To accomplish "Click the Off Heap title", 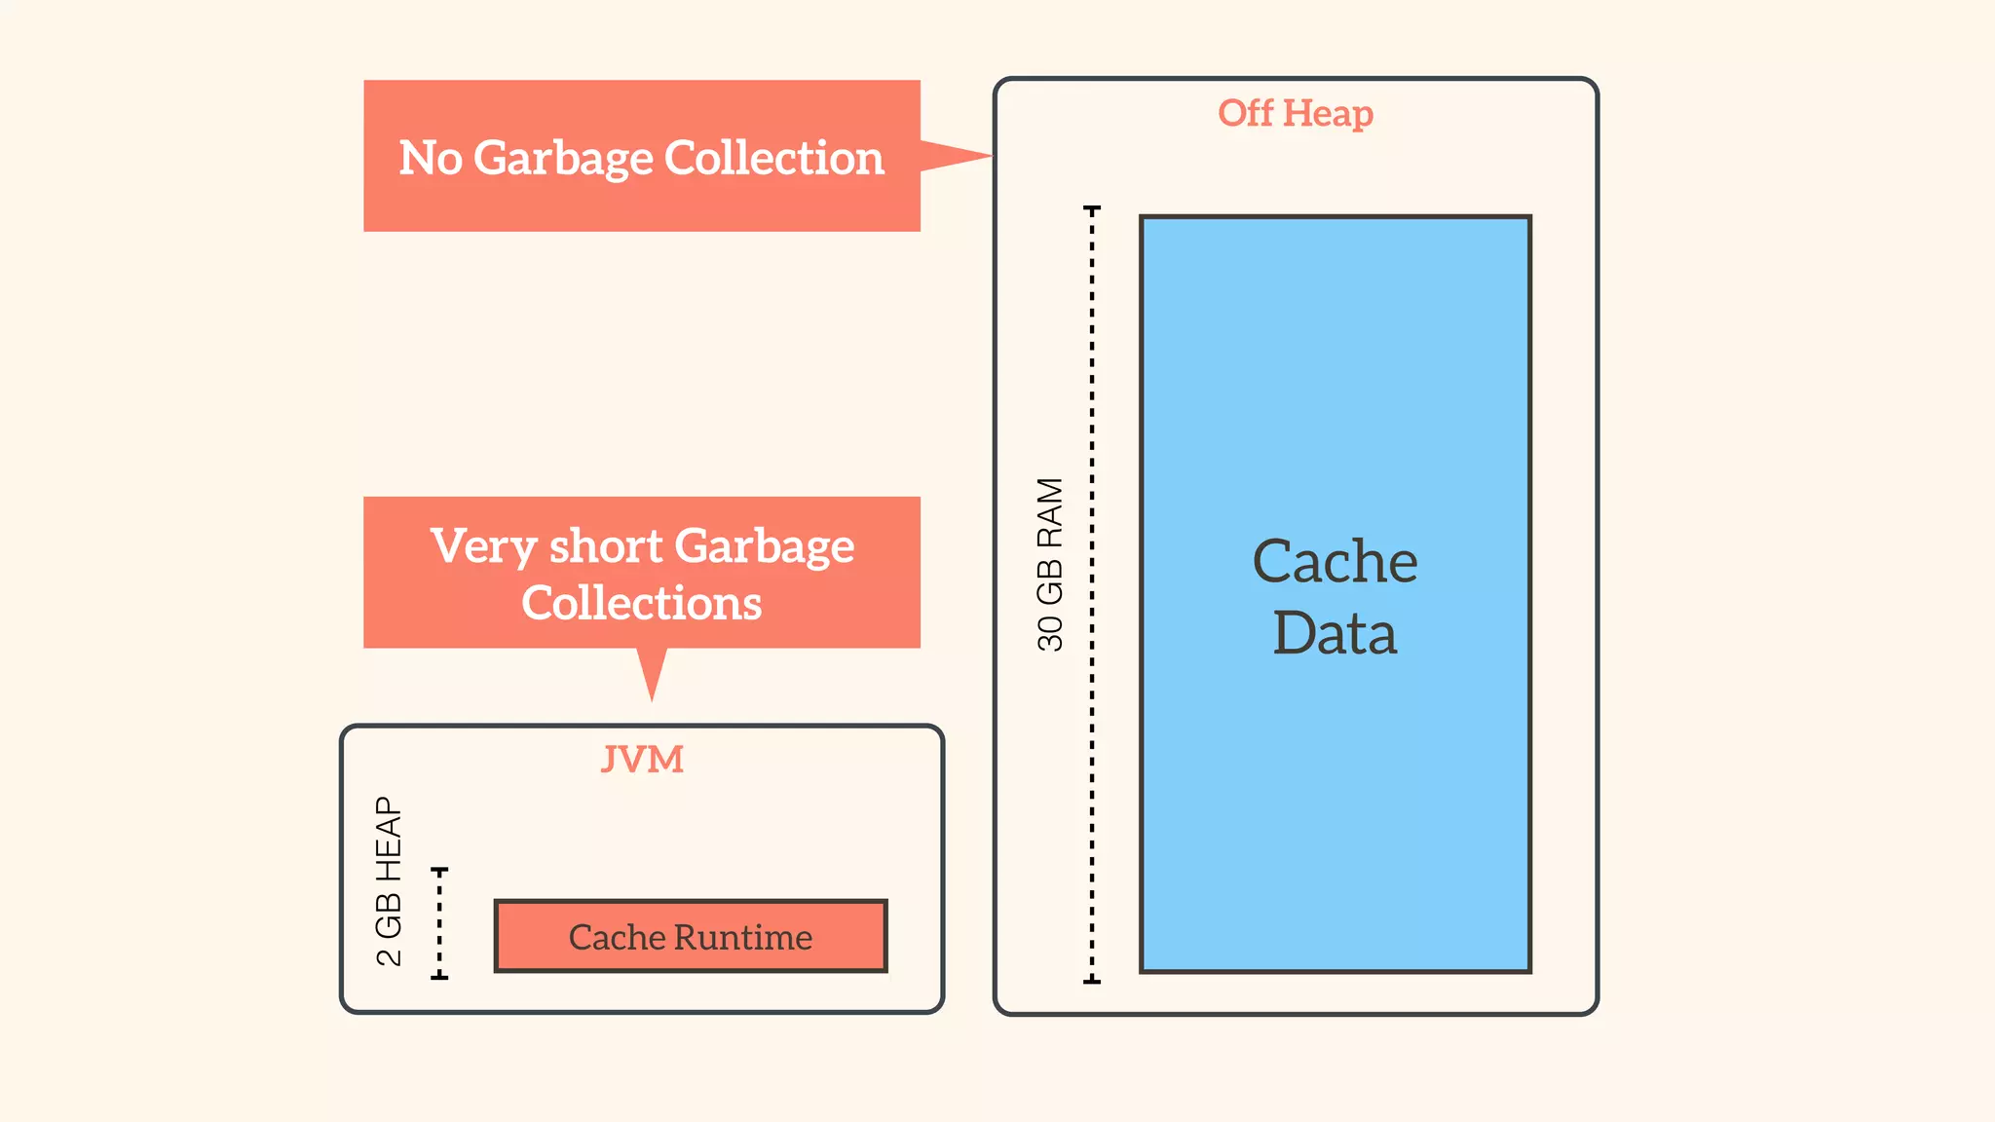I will click(1295, 113).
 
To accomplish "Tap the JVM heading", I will click(642, 759).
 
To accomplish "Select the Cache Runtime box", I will click(691, 936).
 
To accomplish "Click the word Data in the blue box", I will click(1335, 633).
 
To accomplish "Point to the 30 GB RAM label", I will click(1050, 564).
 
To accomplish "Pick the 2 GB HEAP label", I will click(389, 880).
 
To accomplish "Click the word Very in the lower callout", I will click(483, 546).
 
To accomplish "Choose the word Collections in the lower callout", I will click(641, 603).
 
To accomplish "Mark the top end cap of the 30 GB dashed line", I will click(1092, 208).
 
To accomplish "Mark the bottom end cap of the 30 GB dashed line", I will click(1092, 981).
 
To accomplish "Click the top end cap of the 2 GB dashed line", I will click(439, 869).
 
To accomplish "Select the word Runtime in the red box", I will click(743, 937).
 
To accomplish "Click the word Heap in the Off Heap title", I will click(1328, 114).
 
